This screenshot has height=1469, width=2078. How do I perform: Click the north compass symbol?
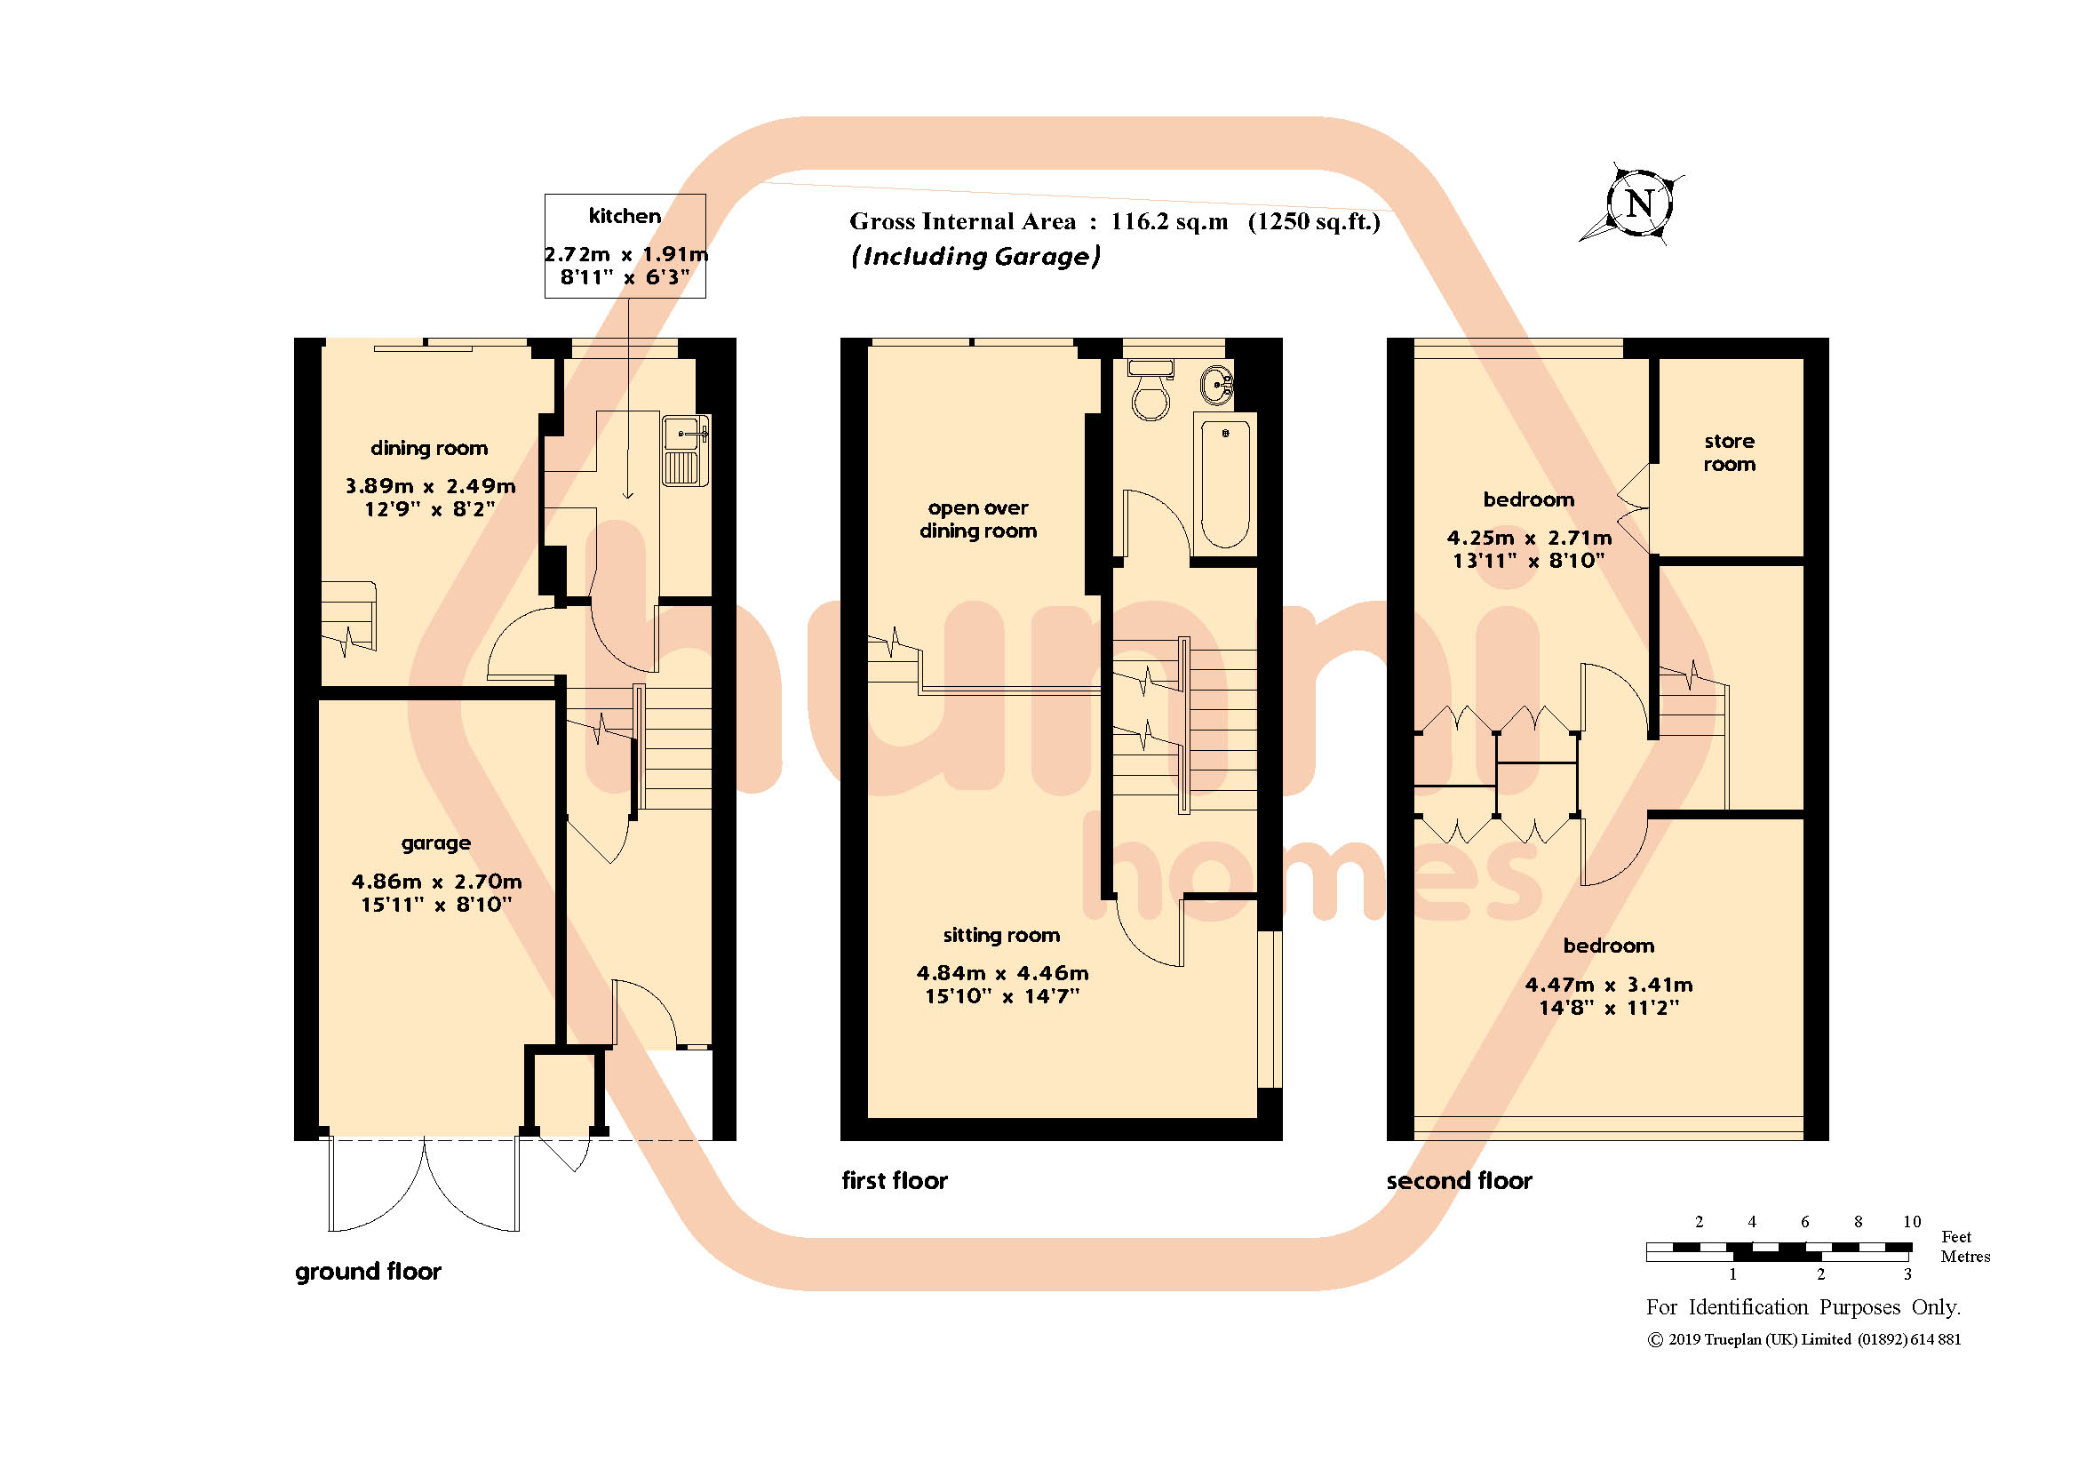coord(1639,204)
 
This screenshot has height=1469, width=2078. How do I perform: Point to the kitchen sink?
coord(685,450)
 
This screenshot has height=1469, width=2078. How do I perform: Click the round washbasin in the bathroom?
coord(1217,386)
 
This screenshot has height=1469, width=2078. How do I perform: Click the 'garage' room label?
coord(436,843)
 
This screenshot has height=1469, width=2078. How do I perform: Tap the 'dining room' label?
coord(429,448)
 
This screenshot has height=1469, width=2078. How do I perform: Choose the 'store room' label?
coord(1729,452)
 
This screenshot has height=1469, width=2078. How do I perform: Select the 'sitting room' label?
coord(1001,935)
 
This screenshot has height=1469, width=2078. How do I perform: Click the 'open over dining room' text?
coord(978,520)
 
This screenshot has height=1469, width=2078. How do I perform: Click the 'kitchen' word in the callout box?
coord(625,216)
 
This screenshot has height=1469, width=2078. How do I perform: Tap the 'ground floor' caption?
coord(369,1272)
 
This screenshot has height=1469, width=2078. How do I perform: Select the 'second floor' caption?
coord(1459,1180)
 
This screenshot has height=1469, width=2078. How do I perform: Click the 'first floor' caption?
coord(895,1180)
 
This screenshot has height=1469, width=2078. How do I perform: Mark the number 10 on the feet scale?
coord(1912,1222)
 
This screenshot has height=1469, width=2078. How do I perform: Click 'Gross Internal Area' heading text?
coord(962,222)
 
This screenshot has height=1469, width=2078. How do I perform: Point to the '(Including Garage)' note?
coord(975,257)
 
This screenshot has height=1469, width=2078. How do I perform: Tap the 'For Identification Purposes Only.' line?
coord(1803,1307)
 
